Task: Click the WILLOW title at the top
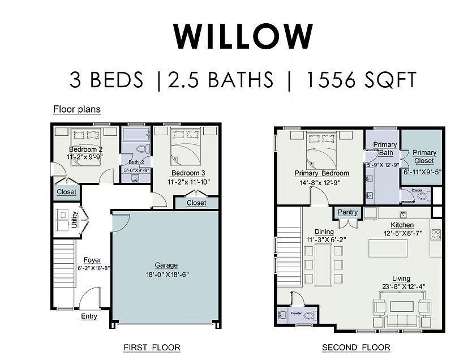[x=243, y=36]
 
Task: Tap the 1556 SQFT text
[x=361, y=80]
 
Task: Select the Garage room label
[x=166, y=265]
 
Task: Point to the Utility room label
[x=74, y=219]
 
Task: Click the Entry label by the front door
[x=89, y=316]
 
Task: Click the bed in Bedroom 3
[x=186, y=146]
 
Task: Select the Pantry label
[x=347, y=212]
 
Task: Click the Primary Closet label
[x=424, y=156]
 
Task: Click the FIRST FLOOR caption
[x=152, y=347]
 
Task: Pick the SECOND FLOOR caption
[x=356, y=347]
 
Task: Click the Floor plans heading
[x=77, y=109]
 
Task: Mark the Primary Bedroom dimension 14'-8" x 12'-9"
[x=321, y=182]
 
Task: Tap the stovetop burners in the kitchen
[x=436, y=234]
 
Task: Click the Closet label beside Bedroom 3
[x=196, y=203]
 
